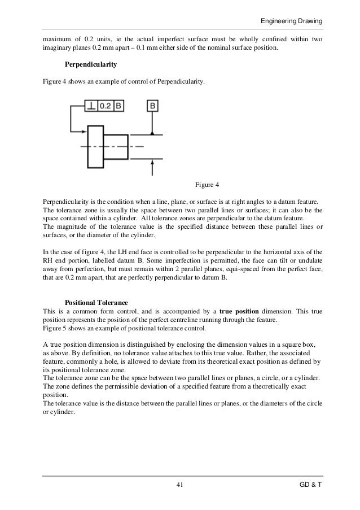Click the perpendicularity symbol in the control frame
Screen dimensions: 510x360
pyautogui.click(x=91, y=106)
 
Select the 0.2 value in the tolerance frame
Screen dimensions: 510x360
pyautogui.click(x=106, y=106)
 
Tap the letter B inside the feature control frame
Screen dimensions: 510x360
pyautogui.click(x=118, y=106)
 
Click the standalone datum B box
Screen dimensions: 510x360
pyautogui.click(x=153, y=106)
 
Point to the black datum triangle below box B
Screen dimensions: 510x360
pyautogui.click(x=153, y=132)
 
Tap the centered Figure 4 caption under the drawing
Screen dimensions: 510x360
pyautogui.click(x=210, y=185)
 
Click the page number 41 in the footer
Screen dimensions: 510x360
pyautogui.click(x=180, y=485)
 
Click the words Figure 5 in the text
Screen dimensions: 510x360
pyautogui.click(x=56, y=328)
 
